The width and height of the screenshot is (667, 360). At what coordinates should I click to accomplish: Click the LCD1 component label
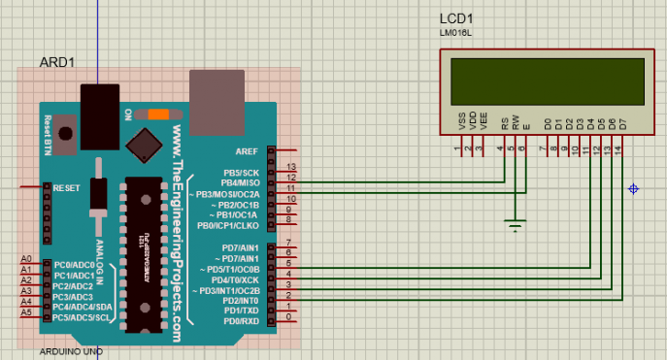pos(455,19)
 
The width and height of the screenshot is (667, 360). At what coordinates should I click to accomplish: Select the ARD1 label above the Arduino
pos(56,62)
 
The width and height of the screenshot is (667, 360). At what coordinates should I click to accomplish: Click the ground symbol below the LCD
pos(516,225)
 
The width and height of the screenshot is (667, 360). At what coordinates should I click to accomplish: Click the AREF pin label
pos(247,151)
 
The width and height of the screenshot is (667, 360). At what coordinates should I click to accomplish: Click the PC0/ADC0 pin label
pos(75,264)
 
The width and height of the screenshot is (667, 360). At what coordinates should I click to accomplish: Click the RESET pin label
pos(66,187)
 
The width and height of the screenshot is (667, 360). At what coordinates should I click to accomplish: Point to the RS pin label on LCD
pos(504,124)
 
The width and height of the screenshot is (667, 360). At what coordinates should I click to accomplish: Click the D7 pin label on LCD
pos(622,124)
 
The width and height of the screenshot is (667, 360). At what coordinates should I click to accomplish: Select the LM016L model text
pos(454,34)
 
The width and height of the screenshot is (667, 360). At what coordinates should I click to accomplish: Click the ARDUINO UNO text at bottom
pos(71,350)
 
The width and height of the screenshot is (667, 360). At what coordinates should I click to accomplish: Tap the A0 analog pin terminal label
pos(26,260)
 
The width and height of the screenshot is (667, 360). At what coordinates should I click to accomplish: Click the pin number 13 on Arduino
pos(290,169)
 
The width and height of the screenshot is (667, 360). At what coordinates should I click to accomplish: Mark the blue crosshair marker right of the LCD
pos(634,188)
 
